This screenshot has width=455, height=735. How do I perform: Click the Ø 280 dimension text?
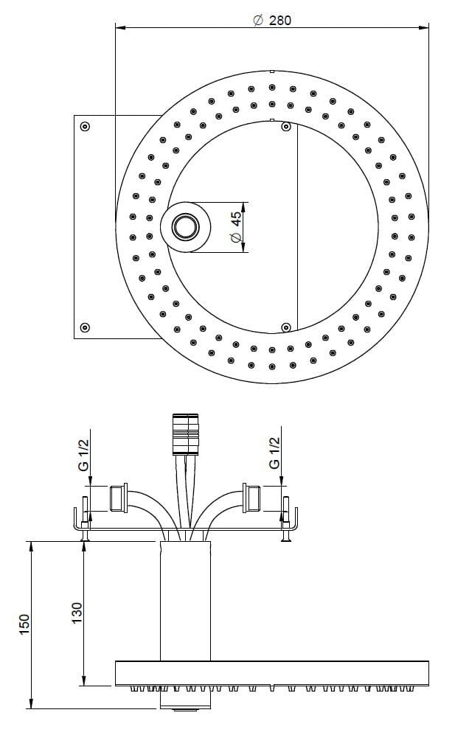pyautogui.click(x=271, y=20)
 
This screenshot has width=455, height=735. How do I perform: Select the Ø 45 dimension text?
pyautogui.click(x=235, y=228)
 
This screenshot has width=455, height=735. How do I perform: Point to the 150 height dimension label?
pyautogui.click(x=24, y=624)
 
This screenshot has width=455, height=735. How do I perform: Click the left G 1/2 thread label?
pyautogui.click(x=83, y=455)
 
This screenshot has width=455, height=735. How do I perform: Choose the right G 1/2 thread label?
pyautogui.click(x=274, y=453)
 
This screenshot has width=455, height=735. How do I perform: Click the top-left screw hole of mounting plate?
pyautogui.click(x=85, y=126)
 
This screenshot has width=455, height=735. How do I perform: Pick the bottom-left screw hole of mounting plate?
pyautogui.click(x=85, y=327)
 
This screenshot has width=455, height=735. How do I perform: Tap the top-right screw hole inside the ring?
pyautogui.click(x=285, y=127)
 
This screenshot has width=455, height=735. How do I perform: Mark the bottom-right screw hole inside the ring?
pyautogui.click(x=285, y=327)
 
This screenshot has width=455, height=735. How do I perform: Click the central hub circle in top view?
pyautogui.click(x=186, y=227)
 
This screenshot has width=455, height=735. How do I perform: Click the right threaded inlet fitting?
pyautogui.click(x=251, y=498)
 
